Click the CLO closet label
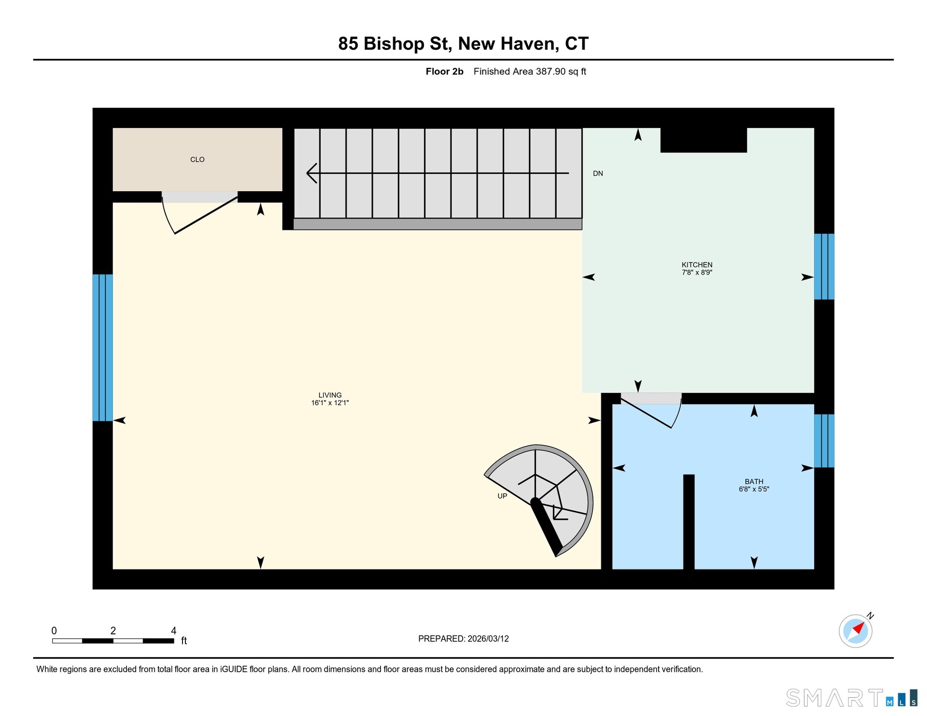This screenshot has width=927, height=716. [197, 159]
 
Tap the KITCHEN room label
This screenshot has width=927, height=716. [697, 265]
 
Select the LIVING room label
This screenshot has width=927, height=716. [330, 395]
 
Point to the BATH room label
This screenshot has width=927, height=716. [754, 481]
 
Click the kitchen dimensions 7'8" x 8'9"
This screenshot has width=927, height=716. [697, 272]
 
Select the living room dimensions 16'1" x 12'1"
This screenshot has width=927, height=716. [330, 403]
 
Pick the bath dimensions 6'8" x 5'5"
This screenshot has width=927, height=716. [754, 489]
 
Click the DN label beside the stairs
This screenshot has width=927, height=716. [598, 173]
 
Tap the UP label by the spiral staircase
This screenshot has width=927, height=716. [502, 496]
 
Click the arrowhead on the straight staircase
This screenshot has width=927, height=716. [312, 173]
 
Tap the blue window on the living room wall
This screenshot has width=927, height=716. [102, 348]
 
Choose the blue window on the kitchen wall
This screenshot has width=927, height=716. [824, 267]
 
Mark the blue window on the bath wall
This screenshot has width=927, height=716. [824, 441]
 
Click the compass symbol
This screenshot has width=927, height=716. [856, 631]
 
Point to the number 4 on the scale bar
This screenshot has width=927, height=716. [174, 631]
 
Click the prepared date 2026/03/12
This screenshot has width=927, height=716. [488, 638]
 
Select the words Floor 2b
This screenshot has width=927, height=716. [444, 71]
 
